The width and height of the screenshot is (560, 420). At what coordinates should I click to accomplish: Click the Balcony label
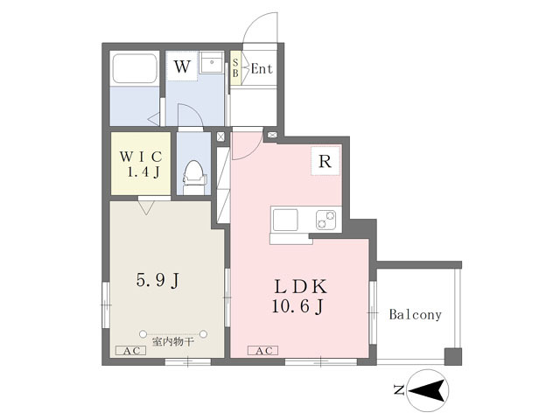tap(416, 314)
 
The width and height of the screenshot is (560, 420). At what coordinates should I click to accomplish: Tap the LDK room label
tap(301, 287)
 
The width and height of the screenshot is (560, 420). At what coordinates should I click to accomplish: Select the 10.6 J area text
tap(297, 306)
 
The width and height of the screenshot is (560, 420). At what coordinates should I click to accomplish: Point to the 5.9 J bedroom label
tap(157, 280)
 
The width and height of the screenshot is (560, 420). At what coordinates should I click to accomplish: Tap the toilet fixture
tap(194, 177)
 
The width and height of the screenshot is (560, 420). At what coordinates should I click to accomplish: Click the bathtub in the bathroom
tap(134, 68)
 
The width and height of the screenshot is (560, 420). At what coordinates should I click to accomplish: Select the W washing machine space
tap(182, 66)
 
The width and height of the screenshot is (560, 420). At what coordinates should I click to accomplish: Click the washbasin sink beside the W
tap(212, 62)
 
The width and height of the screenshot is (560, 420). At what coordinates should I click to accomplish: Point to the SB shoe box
tap(235, 68)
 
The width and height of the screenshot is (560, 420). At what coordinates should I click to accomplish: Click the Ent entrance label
tap(262, 68)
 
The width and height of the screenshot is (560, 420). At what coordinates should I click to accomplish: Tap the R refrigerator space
tap(325, 161)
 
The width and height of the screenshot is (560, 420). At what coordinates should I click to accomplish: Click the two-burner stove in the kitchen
tap(325, 220)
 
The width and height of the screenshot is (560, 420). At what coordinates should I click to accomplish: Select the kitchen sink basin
tap(285, 220)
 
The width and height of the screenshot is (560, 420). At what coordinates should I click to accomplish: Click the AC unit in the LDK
tap(262, 351)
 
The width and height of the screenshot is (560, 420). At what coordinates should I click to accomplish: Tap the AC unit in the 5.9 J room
tap(131, 351)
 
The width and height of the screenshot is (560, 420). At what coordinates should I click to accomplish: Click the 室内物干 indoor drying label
tap(173, 342)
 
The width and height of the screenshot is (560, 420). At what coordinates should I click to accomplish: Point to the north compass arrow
tap(428, 390)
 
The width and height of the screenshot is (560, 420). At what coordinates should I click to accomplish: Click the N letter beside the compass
tap(399, 389)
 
